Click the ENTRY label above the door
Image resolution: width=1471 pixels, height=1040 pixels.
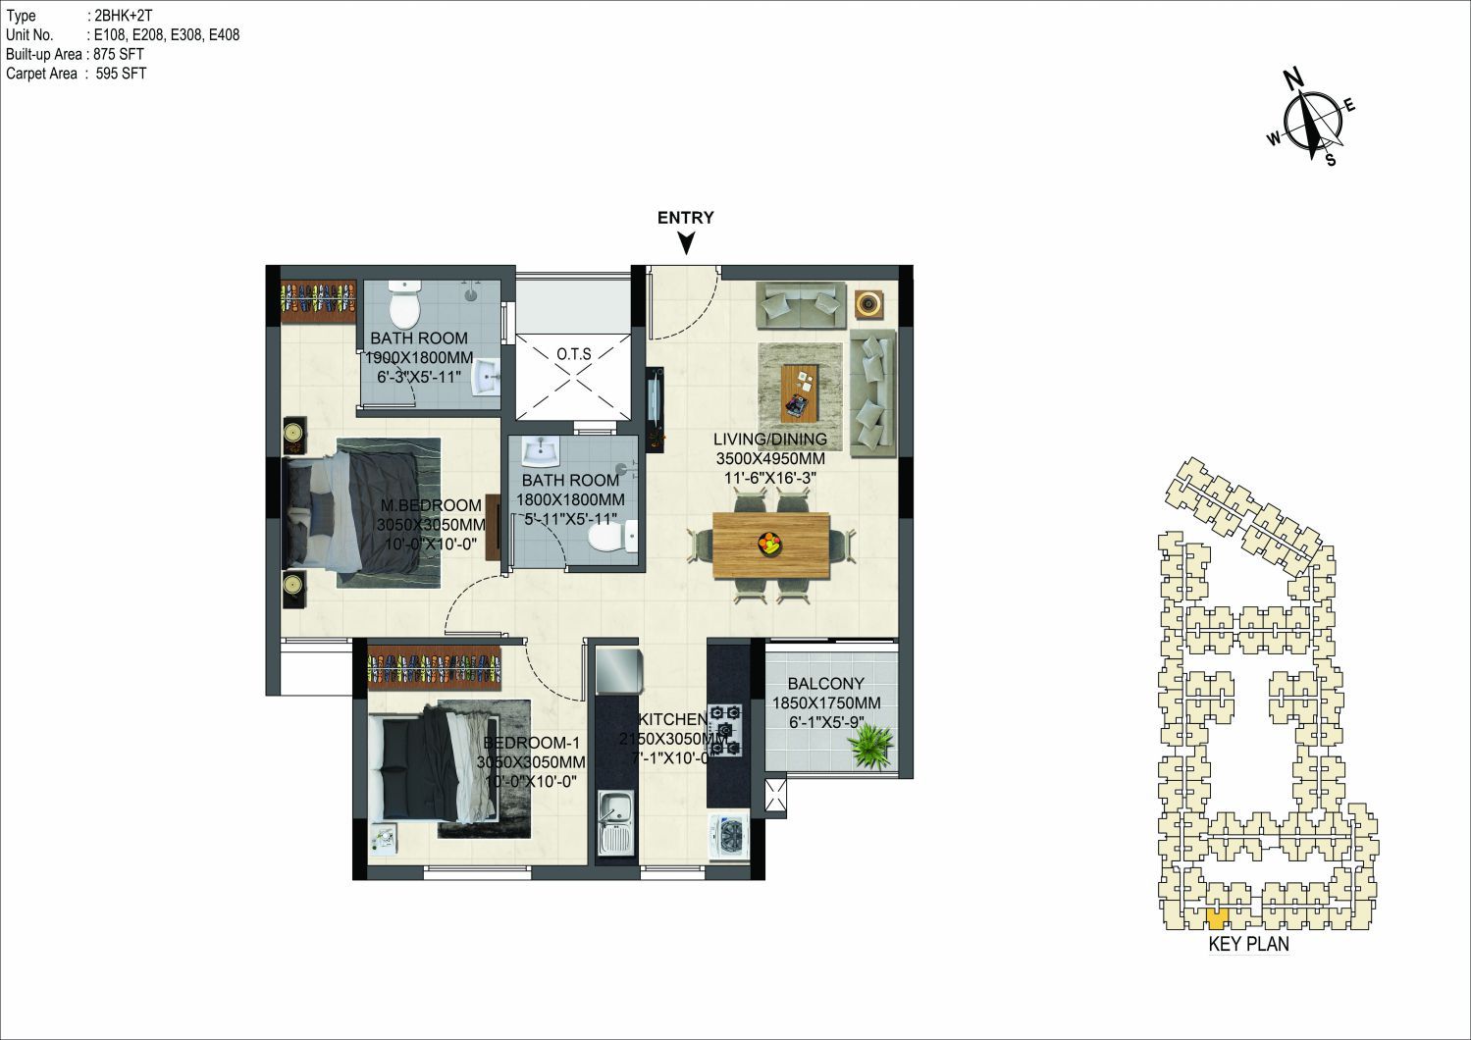click(x=686, y=218)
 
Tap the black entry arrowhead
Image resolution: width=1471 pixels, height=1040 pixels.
click(x=686, y=244)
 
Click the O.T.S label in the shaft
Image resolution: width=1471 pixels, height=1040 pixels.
click(x=574, y=354)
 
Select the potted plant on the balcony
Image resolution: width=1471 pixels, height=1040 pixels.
click(x=870, y=745)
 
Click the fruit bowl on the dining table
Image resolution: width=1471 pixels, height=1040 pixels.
click(x=769, y=544)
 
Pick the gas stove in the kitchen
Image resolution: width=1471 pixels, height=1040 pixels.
click(x=725, y=730)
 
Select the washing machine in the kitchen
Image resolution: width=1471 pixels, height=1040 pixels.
click(x=728, y=837)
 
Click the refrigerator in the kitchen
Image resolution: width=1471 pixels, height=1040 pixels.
click(x=619, y=670)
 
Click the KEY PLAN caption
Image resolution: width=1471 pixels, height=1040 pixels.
click(x=1249, y=944)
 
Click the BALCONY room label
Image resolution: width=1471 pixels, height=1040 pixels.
click(x=826, y=684)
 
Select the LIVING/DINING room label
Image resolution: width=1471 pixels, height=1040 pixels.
click(x=770, y=440)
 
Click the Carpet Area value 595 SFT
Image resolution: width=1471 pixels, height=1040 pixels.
click(x=121, y=74)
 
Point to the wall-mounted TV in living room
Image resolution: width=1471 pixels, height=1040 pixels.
click(x=657, y=408)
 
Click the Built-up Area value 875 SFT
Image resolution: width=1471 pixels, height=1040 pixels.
click(x=118, y=55)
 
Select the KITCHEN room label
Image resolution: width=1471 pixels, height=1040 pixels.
click(x=672, y=719)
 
